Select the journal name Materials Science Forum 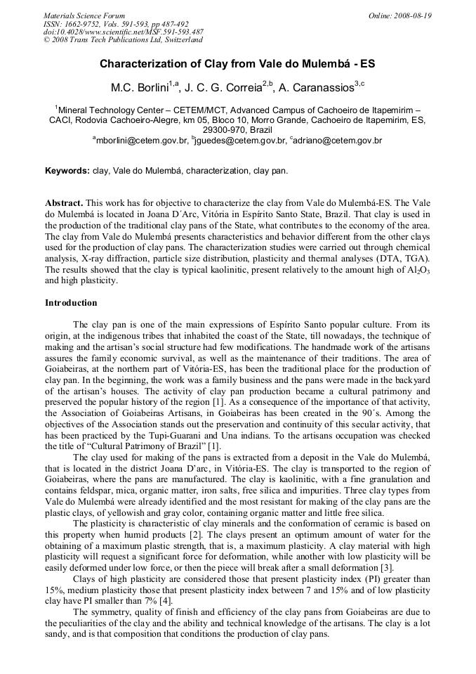click(x=84, y=15)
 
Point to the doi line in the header click(x=124, y=32)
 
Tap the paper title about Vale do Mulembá click(x=237, y=63)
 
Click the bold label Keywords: click(x=67, y=171)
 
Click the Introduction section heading click(x=71, y=303)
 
